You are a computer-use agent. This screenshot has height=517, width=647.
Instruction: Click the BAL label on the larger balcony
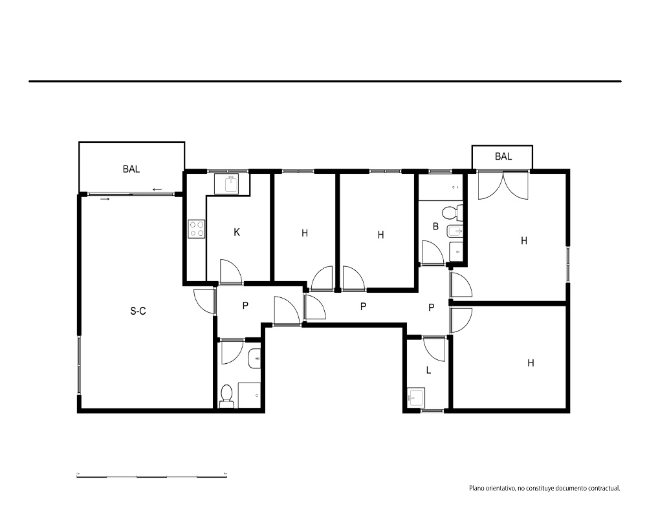click(131, 169)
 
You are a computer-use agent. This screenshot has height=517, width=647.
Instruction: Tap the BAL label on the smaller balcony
click(503, 156)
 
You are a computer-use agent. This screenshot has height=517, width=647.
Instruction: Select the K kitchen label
click(237, 233)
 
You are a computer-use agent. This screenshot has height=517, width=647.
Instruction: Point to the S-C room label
click(138, 311)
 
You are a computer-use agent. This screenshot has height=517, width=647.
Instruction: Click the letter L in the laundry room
click(429, 370)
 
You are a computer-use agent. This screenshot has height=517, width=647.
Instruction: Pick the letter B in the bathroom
click(435, 226)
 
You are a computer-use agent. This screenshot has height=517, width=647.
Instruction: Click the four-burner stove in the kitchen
click(197, 229)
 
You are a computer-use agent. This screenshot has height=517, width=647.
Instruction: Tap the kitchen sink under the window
click(232, 184)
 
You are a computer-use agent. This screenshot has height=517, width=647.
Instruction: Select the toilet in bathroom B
click(452, 213)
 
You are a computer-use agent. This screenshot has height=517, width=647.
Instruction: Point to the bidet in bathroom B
click(455, 233)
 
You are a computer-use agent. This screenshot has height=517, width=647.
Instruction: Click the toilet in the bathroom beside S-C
click(226, 396)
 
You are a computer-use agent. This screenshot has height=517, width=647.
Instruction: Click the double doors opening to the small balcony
click(503, 185)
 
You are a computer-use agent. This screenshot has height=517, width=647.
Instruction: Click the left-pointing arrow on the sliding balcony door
click(157, 189)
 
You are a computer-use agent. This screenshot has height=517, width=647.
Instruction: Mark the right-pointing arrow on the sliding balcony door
click(105, 199)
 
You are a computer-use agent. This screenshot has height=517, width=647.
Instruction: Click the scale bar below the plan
click(152, 476)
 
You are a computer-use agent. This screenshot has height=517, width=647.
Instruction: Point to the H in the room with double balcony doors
click(524, 241)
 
